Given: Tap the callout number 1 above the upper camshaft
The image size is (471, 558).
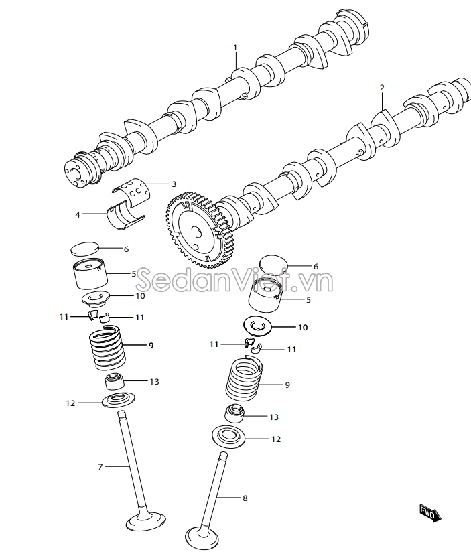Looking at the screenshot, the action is (x=235, y=48).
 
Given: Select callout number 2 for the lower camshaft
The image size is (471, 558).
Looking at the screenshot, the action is (x=382, y=88).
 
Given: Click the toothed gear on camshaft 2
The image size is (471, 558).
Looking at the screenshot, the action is (x=198, y=230).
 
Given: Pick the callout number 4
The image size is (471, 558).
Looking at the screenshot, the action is (x=78, y=214).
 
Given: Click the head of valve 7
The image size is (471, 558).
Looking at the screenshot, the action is (x=146, y=522).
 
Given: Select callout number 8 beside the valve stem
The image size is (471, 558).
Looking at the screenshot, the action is (x=245, y=498).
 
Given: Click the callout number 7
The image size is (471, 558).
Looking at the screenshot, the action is (x=100, y=466).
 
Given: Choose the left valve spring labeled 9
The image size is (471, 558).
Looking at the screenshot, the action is (x=106, y=348).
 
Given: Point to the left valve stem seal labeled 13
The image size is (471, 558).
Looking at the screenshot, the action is (x=115, y=382).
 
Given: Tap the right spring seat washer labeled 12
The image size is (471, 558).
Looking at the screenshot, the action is (x=226, y=436).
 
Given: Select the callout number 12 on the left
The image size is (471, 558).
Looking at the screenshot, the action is (x=70, y=403).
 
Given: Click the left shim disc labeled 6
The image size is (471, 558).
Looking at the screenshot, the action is (x=84, y=249).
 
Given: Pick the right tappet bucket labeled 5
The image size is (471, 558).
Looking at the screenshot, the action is (x=265, y=295).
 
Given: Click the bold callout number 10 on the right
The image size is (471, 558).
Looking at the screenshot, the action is (x=303, y=328).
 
